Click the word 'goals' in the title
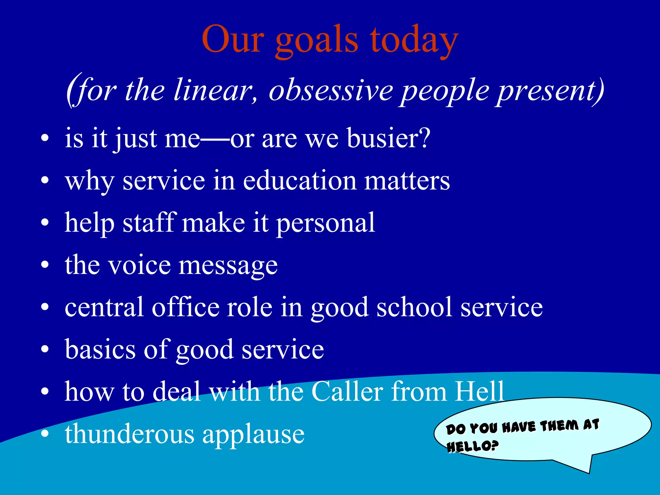316,40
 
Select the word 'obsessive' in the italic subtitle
331,91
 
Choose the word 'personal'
326,223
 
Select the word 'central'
104,307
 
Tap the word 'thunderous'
130,434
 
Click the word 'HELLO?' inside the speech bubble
472,446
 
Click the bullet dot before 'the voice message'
45,265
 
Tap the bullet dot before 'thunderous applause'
45,434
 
